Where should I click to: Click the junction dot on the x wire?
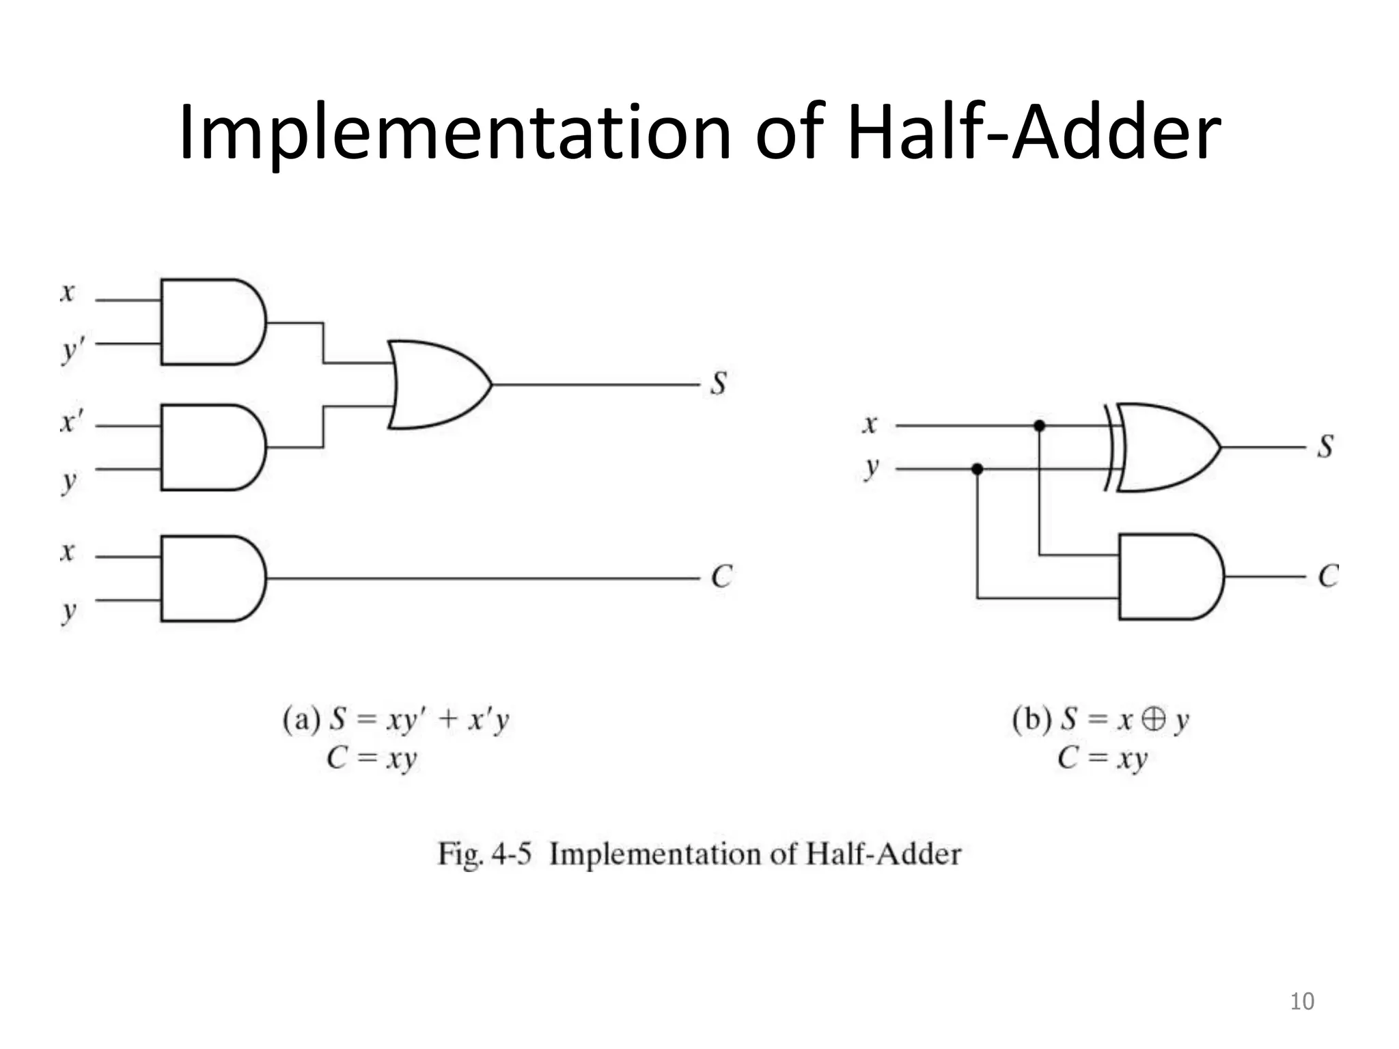pos(1039,426)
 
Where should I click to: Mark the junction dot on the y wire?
pos(978,469)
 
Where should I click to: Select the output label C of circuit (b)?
pos(1328,576)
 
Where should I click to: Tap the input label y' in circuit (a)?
pos(72,350)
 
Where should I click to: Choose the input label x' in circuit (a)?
pos(70,423)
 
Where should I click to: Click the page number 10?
pos(1301,1001)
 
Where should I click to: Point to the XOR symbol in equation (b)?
pos(1154,720)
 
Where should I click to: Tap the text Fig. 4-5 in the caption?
pos(484,854)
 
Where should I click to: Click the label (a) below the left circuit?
pos(301,720)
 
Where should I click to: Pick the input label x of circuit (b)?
pos(869,425)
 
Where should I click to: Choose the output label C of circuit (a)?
pos(721,577)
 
